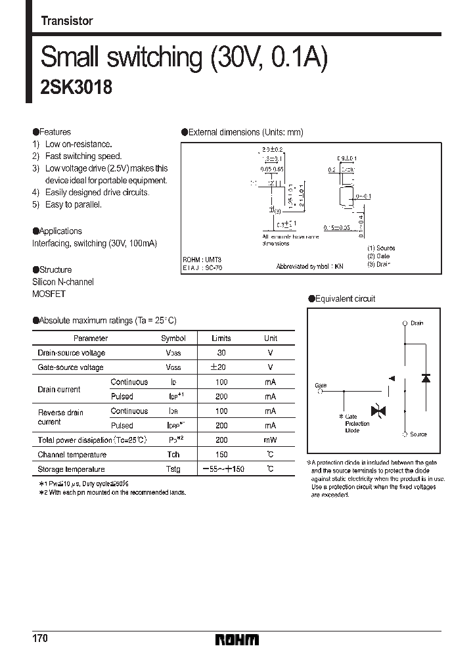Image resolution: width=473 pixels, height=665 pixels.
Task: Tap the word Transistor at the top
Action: click(67, 21)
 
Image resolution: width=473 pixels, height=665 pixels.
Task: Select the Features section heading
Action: click(52, 132)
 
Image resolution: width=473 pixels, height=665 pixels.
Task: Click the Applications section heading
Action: click(57, 231)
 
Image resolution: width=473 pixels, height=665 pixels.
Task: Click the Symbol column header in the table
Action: click(173, 338)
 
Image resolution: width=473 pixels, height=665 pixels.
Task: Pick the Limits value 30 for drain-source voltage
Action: click(221, 353)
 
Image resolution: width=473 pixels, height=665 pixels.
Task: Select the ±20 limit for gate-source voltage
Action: click(221, 367)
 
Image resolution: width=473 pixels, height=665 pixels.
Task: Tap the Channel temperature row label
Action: click(72, 455)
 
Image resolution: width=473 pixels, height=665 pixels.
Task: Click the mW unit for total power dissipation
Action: click(271, 440)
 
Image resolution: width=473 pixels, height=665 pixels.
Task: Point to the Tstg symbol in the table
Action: click(173, 469)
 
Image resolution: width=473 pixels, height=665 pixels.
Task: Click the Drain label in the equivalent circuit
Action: click(417, 324)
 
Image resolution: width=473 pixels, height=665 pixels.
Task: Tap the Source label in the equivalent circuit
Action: click(418, 434)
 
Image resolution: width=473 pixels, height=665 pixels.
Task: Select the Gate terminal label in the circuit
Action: click(321, 386)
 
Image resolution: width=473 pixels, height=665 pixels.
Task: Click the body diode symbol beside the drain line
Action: click(425, 378)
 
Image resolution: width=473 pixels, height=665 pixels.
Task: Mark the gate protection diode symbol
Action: click(378, 411)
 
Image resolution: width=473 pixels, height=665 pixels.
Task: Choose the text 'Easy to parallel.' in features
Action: click(73, 204)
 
